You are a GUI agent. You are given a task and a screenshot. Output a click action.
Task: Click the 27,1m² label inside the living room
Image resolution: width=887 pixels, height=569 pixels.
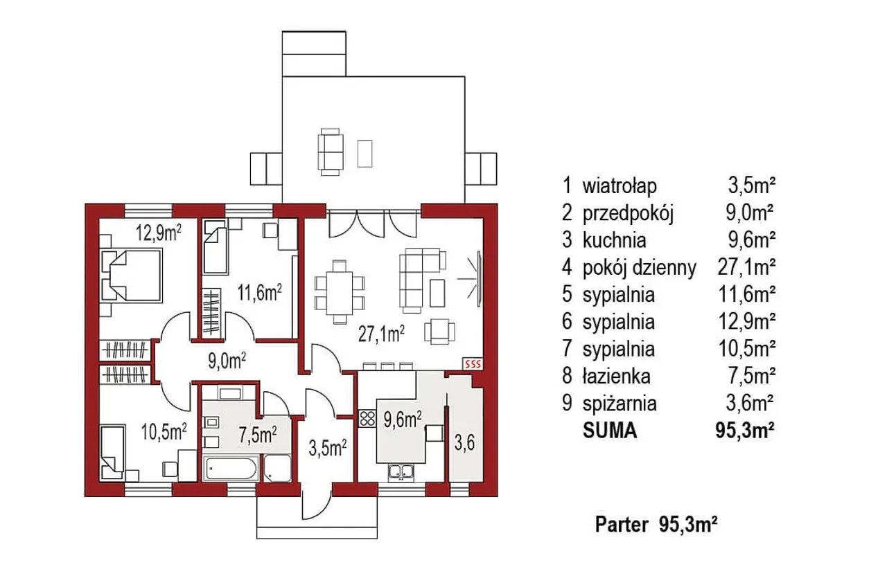coord(381,334)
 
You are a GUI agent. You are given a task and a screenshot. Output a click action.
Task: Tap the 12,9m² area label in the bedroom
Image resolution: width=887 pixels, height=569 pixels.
coord(159,233)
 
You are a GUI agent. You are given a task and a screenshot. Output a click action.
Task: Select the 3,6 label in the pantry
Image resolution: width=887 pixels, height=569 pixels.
coord(464,443)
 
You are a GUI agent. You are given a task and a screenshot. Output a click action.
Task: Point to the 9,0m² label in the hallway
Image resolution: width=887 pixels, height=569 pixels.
coord(227,361)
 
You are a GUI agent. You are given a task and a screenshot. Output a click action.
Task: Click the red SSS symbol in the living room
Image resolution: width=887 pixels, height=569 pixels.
coord(473,364)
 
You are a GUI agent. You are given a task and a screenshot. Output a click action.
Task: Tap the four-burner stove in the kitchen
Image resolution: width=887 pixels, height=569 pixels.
coord(367,419)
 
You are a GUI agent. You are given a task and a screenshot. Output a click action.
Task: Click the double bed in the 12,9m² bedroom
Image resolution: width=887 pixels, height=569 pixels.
coord(132,276)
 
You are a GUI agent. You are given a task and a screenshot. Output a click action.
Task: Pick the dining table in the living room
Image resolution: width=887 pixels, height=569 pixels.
coord(340,293)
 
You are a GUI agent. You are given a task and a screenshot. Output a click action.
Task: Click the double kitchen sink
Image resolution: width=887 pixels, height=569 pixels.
coord(401,473)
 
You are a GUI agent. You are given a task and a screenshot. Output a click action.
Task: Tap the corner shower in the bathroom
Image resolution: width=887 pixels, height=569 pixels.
coord(277,469)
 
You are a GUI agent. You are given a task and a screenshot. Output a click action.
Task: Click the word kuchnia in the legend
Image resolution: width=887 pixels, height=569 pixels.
coord(614,240)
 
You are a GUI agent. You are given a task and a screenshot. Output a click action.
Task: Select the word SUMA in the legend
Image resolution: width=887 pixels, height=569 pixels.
coord(610,431)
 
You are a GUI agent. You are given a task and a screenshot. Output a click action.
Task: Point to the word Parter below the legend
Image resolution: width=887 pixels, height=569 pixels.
coord(622,525)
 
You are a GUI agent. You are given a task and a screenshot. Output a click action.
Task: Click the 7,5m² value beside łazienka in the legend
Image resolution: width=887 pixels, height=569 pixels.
coord(751,377)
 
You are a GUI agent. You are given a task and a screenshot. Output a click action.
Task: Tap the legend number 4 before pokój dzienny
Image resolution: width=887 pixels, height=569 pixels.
coord(567,267)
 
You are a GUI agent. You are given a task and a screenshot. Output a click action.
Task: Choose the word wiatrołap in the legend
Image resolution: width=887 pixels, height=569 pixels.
coord(620,186)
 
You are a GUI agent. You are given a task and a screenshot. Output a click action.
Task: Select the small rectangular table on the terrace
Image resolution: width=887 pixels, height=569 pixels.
coord(365,154)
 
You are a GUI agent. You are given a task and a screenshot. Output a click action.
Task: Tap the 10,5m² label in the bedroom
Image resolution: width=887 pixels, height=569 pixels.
coord(164,431)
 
